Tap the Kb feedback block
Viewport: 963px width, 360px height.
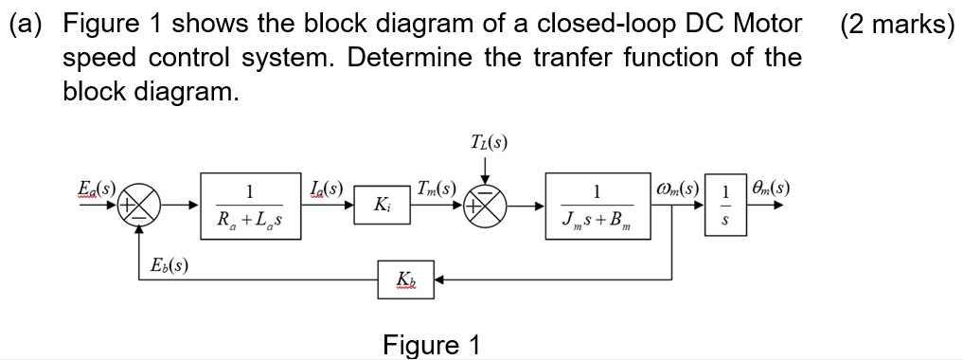(x=407, y=280)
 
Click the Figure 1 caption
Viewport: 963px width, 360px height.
(x=431, y=344)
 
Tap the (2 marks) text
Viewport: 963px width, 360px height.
(x=896, y=24)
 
